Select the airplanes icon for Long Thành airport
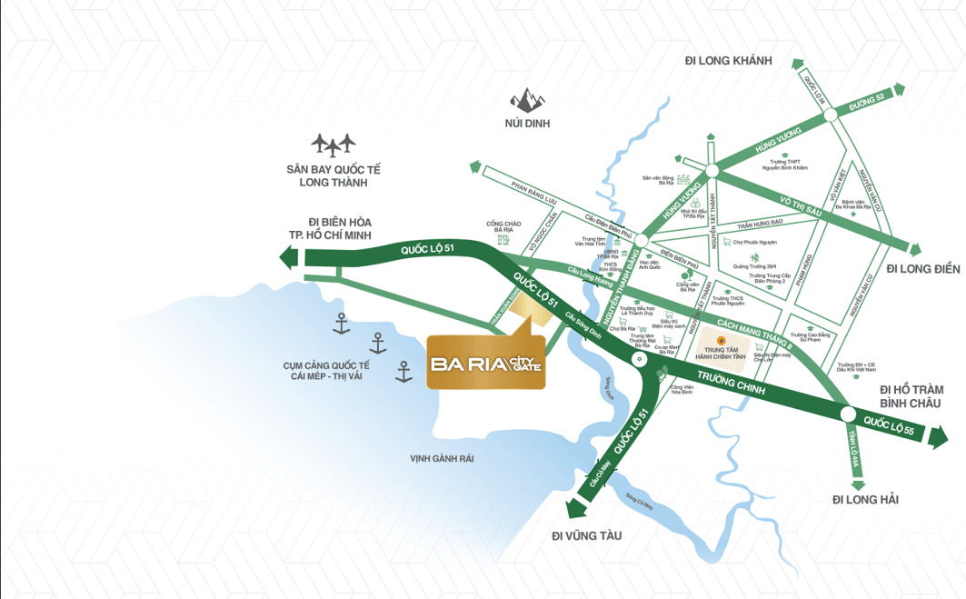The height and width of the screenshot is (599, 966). (333, 145)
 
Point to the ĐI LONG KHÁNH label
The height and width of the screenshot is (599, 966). (728, 61)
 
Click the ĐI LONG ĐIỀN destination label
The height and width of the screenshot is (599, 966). (922, 268)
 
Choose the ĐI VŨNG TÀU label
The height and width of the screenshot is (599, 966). (586, 535)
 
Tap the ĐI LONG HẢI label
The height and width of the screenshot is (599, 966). (865, 499)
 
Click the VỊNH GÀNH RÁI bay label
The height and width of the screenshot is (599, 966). (442, 459)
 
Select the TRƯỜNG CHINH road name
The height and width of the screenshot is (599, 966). (728, 382)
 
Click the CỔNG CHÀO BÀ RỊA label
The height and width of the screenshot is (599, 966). (503, 227)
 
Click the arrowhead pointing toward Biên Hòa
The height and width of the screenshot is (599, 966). (289, 258)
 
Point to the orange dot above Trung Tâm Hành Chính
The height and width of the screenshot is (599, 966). (721, 340)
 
